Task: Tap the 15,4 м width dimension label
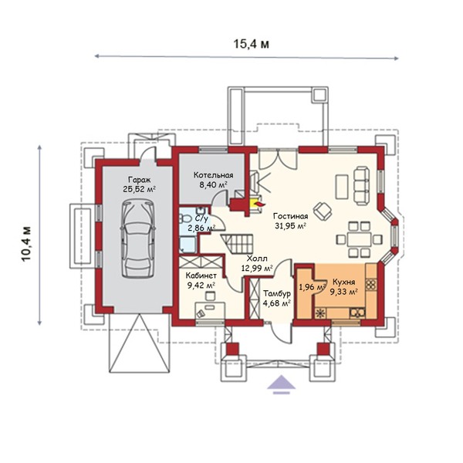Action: click(x=252, y=44)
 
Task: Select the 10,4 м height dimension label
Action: click(x=26, y=244)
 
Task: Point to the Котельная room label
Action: click(x=213, y=175)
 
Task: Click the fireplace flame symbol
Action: click(x=259, y=204)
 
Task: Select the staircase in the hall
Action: click(x=238, y=244)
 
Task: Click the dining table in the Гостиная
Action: click(x=359, y=239)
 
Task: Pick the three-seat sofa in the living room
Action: click(x=362, y=186)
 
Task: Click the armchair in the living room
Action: click(x=323, y=211)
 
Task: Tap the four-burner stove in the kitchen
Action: click(x=370, y=284)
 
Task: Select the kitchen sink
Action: click(x=357, y=313)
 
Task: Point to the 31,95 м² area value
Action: click(x=290, y=226)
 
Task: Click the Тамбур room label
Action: click(x=277, y=293)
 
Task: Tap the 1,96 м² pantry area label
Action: click(x=313, y=287)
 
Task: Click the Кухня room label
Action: click(x=343, y=282)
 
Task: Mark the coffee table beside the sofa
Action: click(x=342, y=187)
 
